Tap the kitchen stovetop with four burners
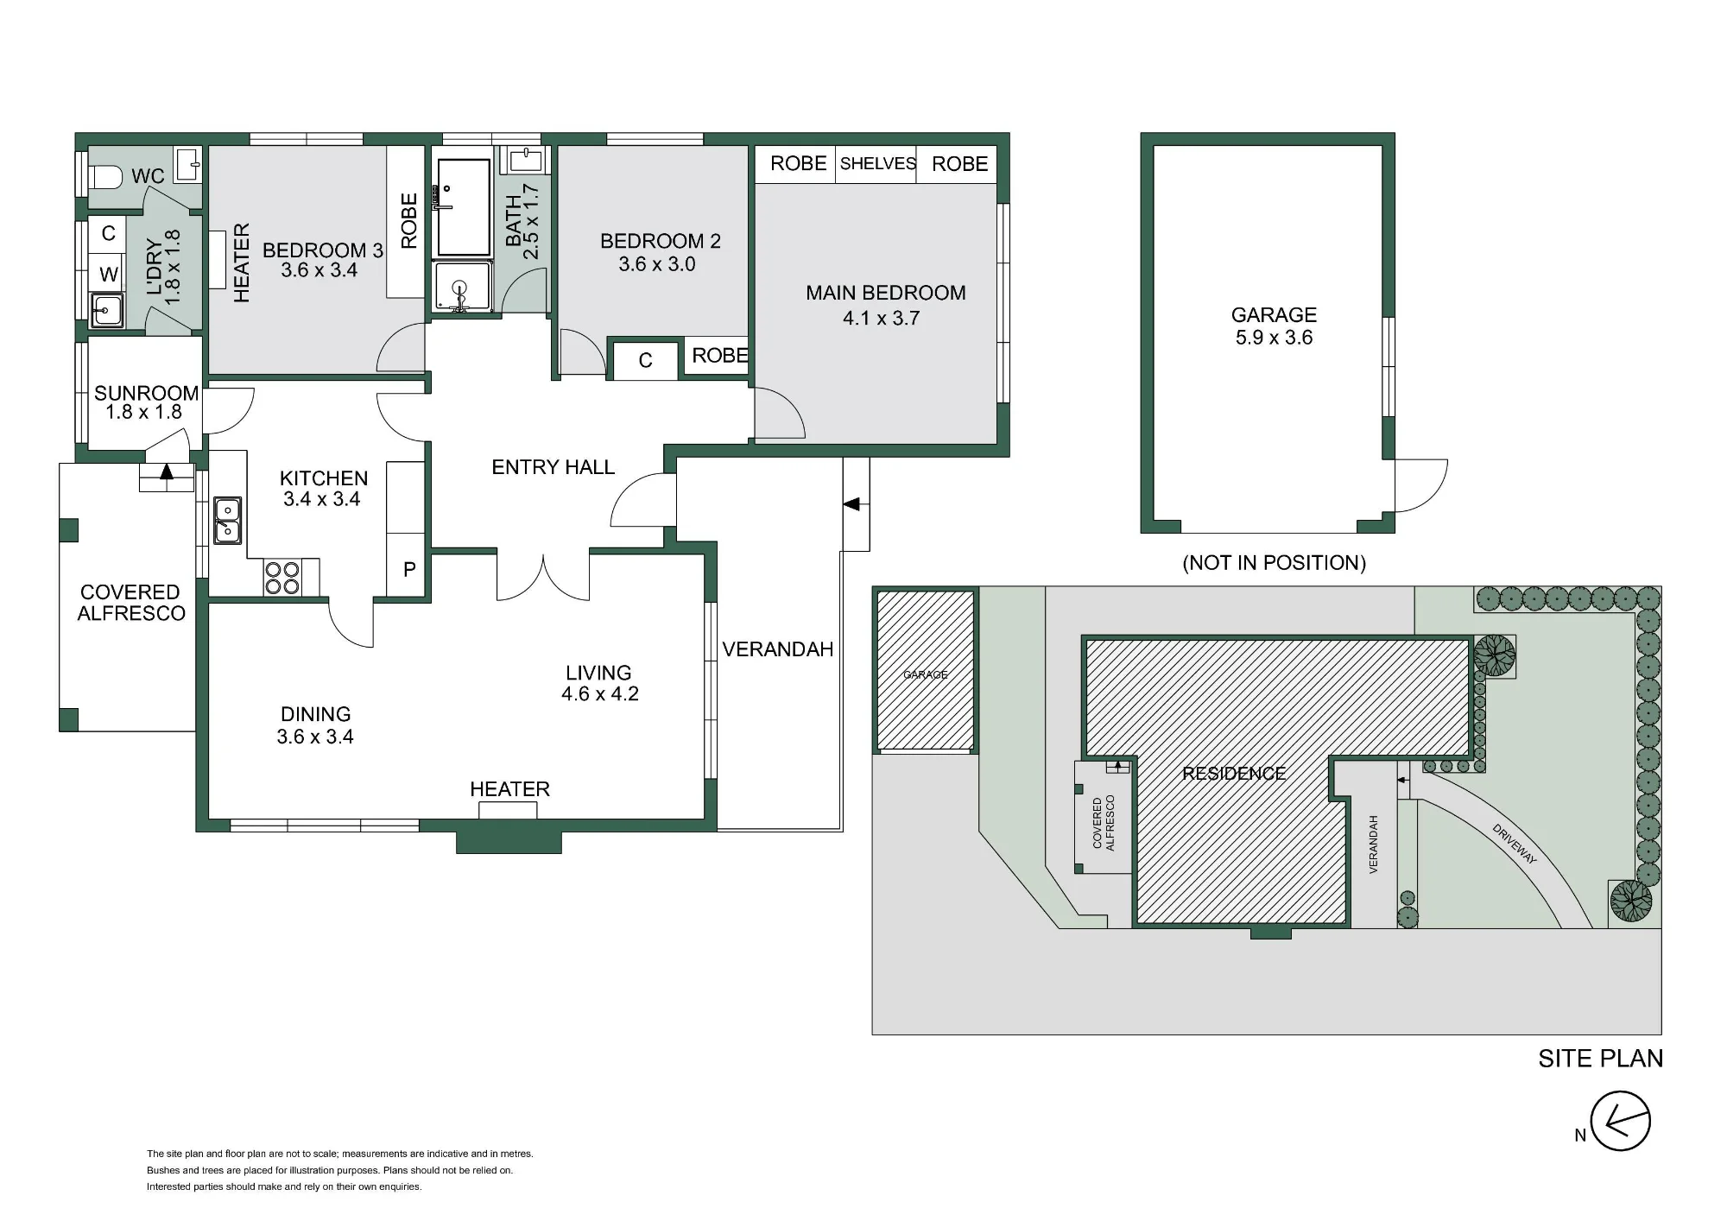282,578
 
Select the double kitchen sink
227,521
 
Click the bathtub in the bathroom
464,207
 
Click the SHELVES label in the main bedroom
877,163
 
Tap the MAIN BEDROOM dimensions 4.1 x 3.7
881,318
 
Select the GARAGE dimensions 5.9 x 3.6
1274,338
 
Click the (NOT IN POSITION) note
1274,563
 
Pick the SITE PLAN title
1600,1059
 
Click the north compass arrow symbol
1620,1122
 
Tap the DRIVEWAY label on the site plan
1515,844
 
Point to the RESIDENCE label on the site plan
1234,774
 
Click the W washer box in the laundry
108,275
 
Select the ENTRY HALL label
553,467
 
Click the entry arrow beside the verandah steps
851,503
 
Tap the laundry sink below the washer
107,310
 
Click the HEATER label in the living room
509,789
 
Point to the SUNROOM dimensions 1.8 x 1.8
143,413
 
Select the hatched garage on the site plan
926,671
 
